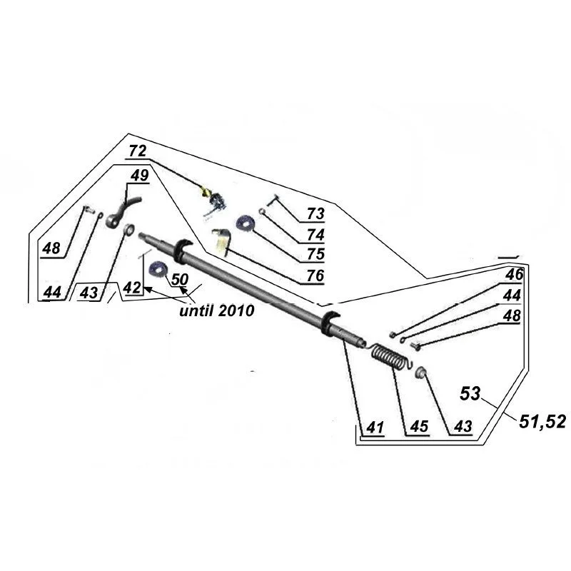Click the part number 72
(138, 151)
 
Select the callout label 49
(140, 176)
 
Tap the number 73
(315, 213)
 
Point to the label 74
(315, 234)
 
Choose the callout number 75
(315, 254)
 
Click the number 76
(315, 275)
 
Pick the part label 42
(132, 287)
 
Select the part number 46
(514, 274)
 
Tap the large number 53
(471, 392)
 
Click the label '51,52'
(542, 422)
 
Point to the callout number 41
(374, 428)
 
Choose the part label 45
(418, 428)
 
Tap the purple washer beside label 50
(158, 270)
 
